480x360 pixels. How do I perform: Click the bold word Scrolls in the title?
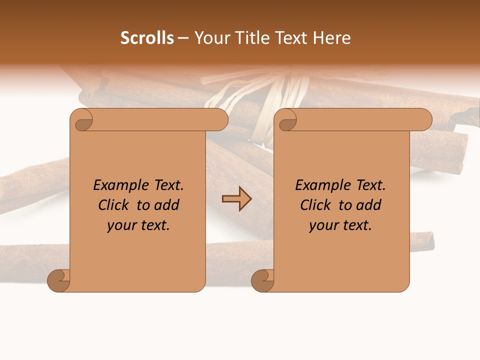coord(147,38)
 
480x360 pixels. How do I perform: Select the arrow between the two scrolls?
coord(236,199)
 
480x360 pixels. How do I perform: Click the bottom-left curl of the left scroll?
coord(59,280)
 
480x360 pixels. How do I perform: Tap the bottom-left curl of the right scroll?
coord(263,280)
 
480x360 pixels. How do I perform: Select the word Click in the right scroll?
coord(316,205)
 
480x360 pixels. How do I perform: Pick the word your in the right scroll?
coord(323,225)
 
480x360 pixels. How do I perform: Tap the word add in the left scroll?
coord(166,205)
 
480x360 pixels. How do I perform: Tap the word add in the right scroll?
coord(368,205)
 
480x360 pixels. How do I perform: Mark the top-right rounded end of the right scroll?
coord(425,120)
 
